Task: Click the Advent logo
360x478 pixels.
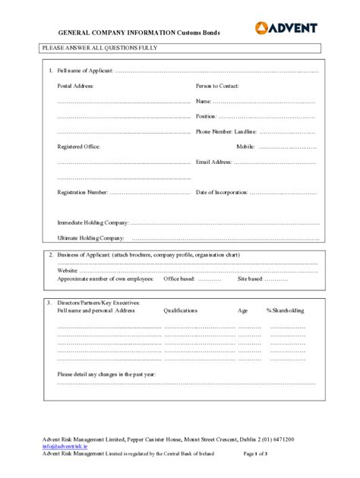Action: click(x=286, y=29)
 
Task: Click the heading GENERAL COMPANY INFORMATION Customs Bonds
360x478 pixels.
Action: click(x=145, y=34)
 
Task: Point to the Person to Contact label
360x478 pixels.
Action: click(x=217, y=86)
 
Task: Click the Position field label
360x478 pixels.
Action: click(x=206, y=116)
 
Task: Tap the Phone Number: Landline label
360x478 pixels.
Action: click(x=226, y=131)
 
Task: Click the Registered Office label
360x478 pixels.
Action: click(x=79, y=146)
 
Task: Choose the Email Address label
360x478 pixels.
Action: click(x=213, y=162)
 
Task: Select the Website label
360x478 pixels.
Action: click(x=68, y=271)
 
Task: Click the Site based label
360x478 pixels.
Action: click(x=250, y=278)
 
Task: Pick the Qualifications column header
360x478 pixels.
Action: click(x=181, y=310)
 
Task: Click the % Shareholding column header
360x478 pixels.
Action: click(x=286, y=310)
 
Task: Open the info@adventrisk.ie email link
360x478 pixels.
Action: click(x=65, y=447)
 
